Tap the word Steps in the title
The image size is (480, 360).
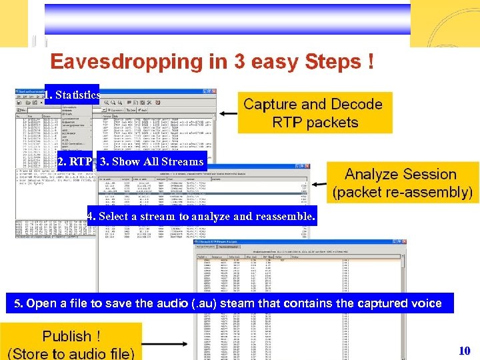pos(333,63)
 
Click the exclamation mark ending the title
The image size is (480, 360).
pos(370,62)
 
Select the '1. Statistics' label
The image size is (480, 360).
pos(71,95)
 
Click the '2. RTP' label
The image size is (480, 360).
pos(75,161)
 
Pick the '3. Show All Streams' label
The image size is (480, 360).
pos(151,161)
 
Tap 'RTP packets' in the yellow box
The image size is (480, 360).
pos(315,123)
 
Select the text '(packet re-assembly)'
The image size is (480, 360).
pos(402,193)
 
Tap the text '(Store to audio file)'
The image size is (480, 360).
pos(71,353)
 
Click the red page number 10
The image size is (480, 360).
pos(465,351)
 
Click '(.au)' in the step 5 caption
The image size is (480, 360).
pos(205,303)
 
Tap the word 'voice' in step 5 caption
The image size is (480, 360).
pos(427,303)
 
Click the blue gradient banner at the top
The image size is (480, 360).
pos(227,19)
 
